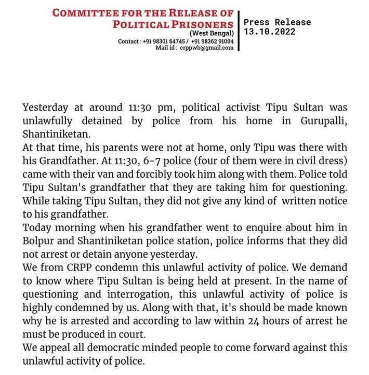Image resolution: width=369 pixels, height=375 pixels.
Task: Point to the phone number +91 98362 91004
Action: pyautogui.click(x=212, y=41)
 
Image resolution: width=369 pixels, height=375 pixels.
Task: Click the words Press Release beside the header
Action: pyautogui.click(x=277, y=22)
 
